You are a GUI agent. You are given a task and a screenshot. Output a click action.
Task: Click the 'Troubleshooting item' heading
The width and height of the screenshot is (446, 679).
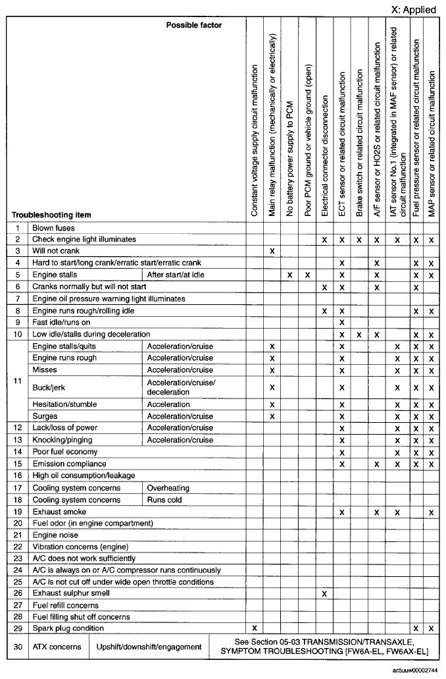pyautogui.click(x=51, y=215)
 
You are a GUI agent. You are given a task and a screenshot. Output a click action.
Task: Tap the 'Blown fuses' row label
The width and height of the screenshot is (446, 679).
pyautogui.click(x=53, y=228)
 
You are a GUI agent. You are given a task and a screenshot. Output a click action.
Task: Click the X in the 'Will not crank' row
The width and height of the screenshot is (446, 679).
pyautogui.click(x=272, y=251)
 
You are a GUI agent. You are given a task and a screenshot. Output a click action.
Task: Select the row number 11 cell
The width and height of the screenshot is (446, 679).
pyautogui.click(x=18, y=381)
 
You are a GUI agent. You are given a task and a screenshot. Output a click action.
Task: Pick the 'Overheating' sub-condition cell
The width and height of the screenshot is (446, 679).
pyautogui.click(x=168, y=488)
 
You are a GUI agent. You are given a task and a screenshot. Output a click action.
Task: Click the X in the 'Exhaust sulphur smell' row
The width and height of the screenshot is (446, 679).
pyautogui.click(x=324, y=593)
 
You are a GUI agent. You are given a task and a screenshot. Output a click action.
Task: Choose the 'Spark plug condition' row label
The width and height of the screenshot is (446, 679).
pyautogui.click(x=68, y=628)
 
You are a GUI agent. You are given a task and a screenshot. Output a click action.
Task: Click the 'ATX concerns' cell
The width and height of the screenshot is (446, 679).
pyautogui.click(x=57, y=647)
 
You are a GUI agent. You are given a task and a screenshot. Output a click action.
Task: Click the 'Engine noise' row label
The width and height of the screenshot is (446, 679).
pyautogui.click(x=55, y=535)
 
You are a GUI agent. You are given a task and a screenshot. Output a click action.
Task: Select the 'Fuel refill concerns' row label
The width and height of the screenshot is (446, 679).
pyautogui.click(x=66, y=605)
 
